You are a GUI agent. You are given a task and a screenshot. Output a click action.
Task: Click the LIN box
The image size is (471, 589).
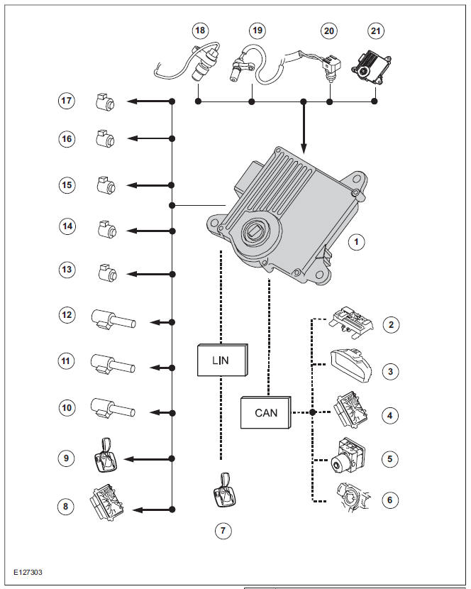tap(221, 360)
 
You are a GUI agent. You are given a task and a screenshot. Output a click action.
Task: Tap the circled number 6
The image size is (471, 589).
tap(389, 500)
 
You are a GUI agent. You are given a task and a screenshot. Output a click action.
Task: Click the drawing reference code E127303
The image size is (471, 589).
tap(31, 571)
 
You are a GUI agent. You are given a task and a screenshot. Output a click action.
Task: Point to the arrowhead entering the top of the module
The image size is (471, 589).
tap(304, 148)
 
